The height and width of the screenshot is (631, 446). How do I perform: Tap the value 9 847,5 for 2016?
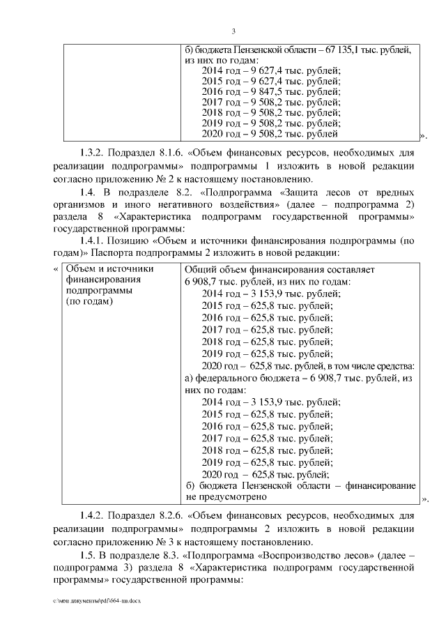280,91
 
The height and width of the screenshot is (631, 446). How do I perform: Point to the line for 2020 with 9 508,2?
270,133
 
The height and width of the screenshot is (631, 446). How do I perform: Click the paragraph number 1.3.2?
93,153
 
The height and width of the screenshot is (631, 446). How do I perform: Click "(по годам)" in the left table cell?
89,302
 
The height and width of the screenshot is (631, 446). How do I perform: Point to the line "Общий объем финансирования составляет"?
280,269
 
